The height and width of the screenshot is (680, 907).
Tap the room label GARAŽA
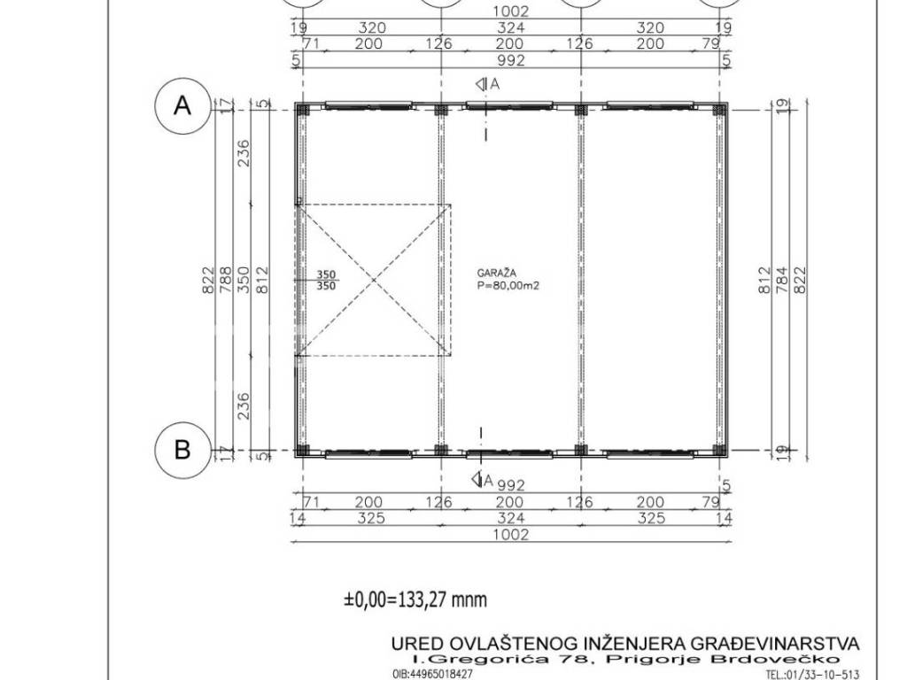[497, 273]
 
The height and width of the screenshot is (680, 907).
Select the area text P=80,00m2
[508, 286]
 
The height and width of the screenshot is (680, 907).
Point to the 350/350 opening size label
[326, 281]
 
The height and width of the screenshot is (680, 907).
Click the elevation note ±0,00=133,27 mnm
[415, 599]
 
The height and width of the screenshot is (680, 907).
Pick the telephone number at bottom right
[813, 674]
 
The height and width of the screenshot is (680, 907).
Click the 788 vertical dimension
[225, 279]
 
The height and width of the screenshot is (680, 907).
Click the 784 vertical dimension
[782, 279]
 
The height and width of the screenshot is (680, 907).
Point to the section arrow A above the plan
[487, 84]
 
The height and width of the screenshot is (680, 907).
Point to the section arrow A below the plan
[483, 479]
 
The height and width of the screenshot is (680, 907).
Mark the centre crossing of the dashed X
[374, 281]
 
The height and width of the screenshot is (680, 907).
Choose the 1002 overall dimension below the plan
[511, 535]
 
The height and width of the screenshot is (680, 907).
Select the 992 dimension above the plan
[511, 60]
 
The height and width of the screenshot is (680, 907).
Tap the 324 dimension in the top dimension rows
[511, 27]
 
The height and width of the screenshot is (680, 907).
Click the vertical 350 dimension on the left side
[244, 279]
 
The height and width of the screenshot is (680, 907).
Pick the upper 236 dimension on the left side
[244, 153]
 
